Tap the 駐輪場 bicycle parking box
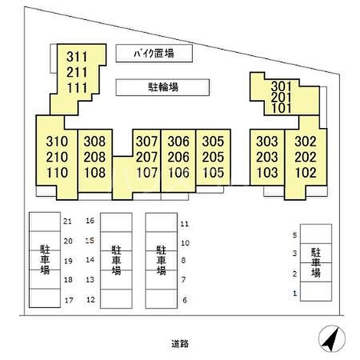point(163,87)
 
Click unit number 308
point(95,141)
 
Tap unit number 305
point(213,141)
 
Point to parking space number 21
point(67,222)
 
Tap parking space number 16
point(90,221)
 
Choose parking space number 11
point(185,224)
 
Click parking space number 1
point(295,293)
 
